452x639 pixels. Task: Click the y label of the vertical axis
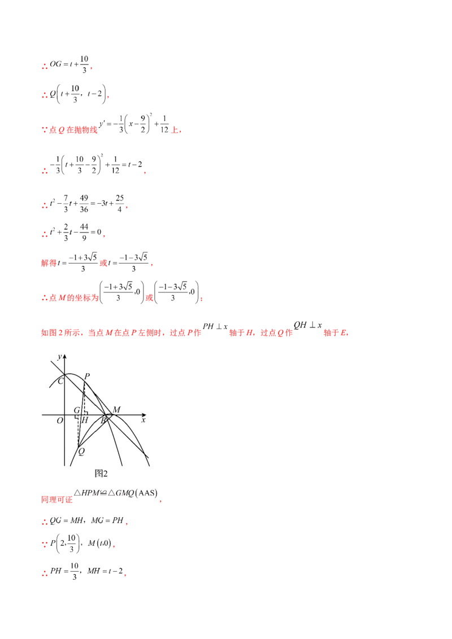tap(59, 356)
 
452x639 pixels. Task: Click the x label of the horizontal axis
tap(144, 420)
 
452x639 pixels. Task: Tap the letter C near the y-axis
tap(61, 381)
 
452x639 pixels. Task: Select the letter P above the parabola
tap(86, 376)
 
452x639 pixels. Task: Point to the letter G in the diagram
tap(76, 410)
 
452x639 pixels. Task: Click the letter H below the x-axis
tap(84, 421)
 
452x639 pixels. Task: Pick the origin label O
tap(59, 421)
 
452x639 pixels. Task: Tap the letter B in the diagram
tap(103, 421)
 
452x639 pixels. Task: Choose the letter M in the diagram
tap(116, 409)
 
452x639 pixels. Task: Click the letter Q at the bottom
tap(82, 451)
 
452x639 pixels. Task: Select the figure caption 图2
tap(101, 473)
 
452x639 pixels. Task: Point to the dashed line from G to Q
tap(79, 432)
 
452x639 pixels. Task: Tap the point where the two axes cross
tap(67, 415)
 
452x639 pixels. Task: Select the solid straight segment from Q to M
tap(96, 430)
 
